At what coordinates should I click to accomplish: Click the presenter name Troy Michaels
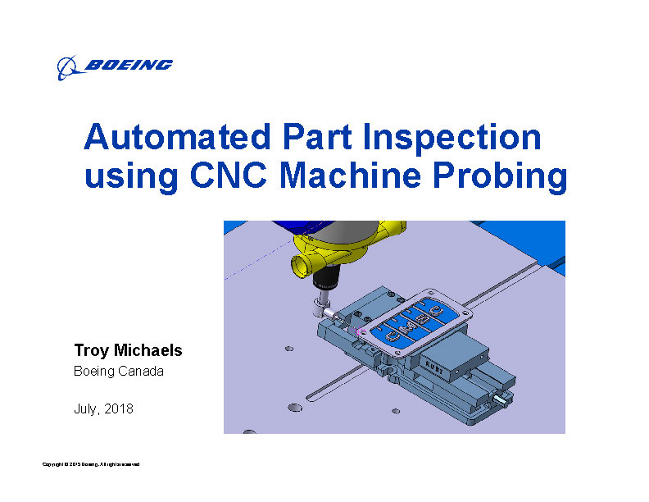[128, 351]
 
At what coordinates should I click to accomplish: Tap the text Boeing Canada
[119, 372]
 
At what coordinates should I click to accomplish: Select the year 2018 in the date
[120, 408]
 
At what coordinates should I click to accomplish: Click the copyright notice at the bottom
[91, 465]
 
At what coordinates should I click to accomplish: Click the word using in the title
[125, 177]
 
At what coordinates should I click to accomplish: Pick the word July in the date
[87, 408]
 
